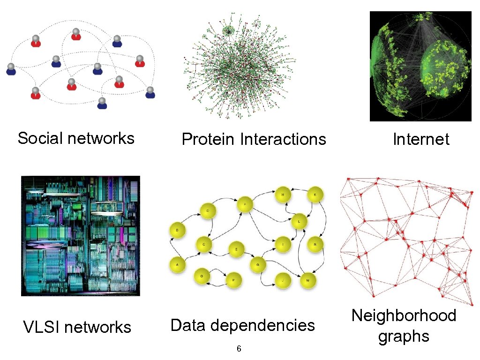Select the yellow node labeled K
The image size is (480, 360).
pos(315,195)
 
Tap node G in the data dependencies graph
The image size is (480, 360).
pos(258,265)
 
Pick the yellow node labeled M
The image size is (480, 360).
pos(308,280)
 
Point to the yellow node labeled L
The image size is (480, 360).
pos(299,222)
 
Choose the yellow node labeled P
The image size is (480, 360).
pos(233,279)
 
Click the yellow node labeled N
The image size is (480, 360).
pos(315,244)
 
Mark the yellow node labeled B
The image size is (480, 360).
pos(177,231)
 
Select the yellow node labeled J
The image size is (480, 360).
pos(283,280)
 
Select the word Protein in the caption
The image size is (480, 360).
pos(208,139)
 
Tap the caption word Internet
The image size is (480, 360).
pos(421,139)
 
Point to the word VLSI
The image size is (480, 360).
pos(41,327)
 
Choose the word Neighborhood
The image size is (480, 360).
pos(404,315)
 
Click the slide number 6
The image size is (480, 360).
pos(239,349)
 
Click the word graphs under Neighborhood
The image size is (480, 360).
pos(404,336)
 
